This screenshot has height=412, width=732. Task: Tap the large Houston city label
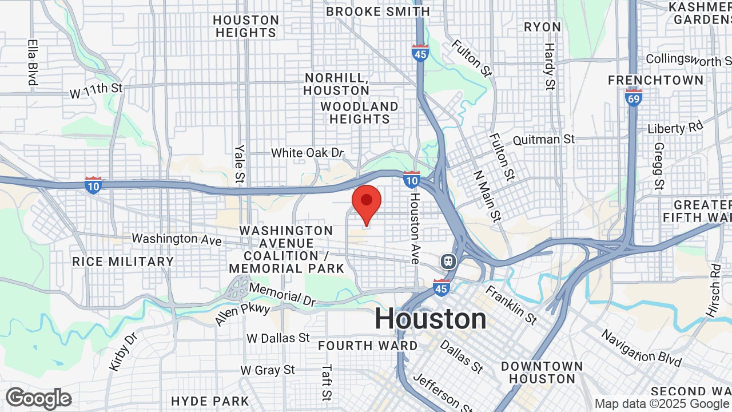(x=430, y=319)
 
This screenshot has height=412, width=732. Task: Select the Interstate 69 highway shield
(x=634, y=97)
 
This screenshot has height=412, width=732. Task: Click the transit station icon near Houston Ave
(x=448, y=262)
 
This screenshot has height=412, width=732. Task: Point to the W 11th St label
(x=96, y=89)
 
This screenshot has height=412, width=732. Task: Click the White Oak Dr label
(x=307, y=153)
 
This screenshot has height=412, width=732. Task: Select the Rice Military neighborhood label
(x=123, y=262)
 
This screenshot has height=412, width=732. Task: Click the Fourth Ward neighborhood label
(x=368, y=346)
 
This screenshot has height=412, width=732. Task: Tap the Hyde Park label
(x=210, y=401)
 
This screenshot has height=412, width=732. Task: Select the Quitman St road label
(x=543, y=139)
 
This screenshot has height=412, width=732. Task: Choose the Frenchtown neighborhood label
(x=655, y=80)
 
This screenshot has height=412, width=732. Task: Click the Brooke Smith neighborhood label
(x=377, y=11)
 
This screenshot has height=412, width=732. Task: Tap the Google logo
(x=38, y=398)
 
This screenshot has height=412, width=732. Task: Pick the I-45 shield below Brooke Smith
(x=420, y=53)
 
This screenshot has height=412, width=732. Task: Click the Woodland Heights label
(x=359, y=113)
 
